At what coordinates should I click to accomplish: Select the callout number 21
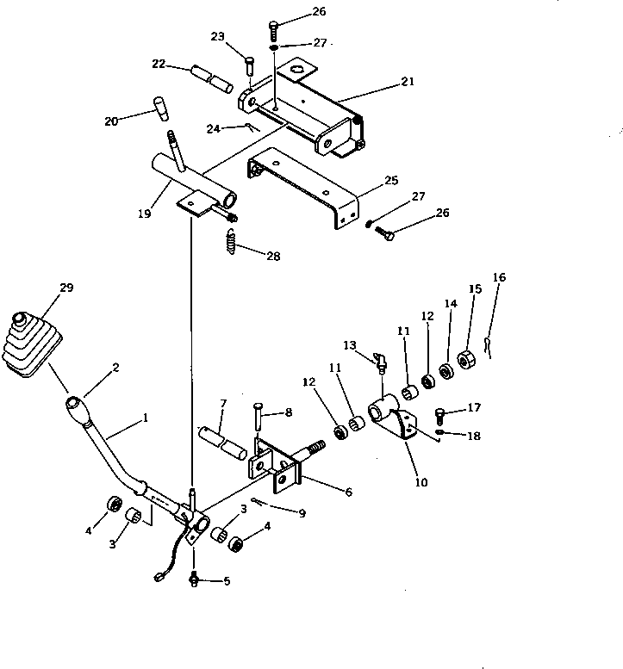click(x=407, y=82)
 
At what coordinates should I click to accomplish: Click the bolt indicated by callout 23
click(x=249, y=63)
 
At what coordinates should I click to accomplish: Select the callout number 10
click(x=421, y=482)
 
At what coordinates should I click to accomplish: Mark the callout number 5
click(x=227, y=581)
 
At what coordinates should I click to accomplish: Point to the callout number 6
click(x=347, y=492)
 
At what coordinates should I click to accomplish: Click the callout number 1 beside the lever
click(x=145, y=418)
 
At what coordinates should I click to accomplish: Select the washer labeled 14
click(x=447, y=371)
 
